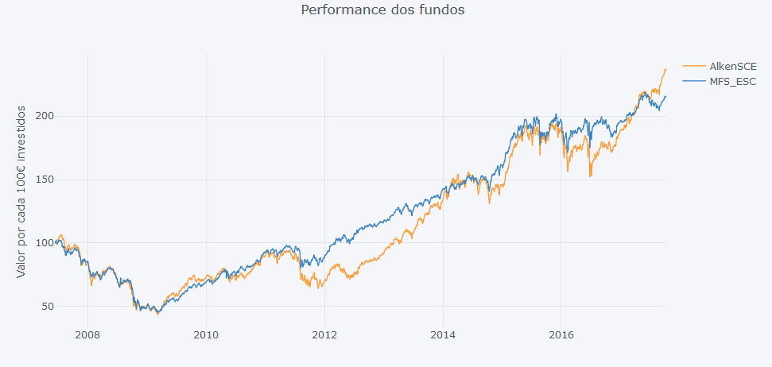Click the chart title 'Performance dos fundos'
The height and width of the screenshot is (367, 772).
[x=382, y=10]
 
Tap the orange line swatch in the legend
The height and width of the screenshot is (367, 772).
[x=694, y=66]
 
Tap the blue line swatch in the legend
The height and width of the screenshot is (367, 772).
[x=694, y=81]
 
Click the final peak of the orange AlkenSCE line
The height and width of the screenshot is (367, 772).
[x=665, y=69]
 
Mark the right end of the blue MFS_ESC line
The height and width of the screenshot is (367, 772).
[x=665, y=97]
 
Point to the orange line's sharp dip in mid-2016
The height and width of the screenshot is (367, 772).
[x=590, y=176]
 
